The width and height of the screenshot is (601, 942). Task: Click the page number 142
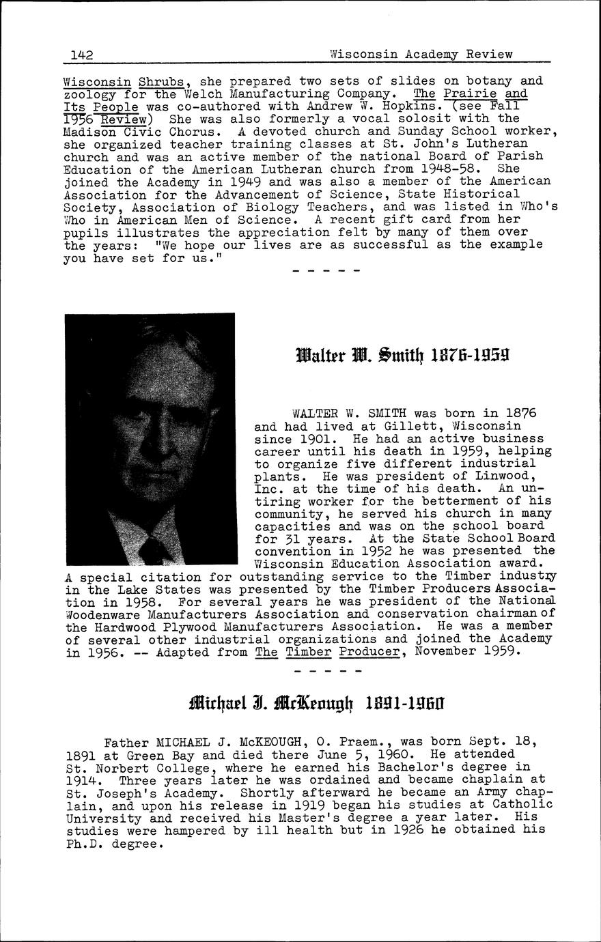coord(81,55)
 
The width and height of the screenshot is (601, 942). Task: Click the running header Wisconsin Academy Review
coord(420,54)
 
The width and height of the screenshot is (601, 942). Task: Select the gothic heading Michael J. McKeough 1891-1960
coord(317,701)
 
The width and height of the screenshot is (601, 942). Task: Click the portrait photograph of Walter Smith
coord(150,441)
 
